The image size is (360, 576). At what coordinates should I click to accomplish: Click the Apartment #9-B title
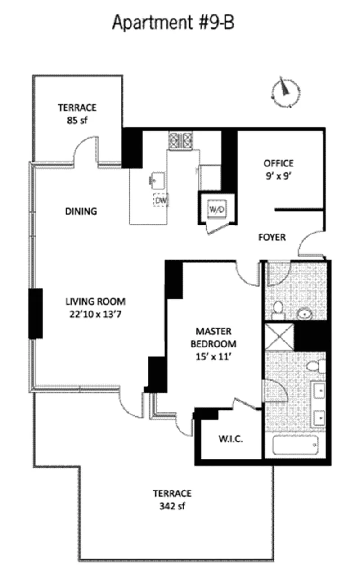point(173,23)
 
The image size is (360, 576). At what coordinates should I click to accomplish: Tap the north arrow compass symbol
point(285,92)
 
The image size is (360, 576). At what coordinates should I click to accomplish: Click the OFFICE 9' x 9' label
point(279,169)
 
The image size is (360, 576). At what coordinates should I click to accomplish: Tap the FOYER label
point(272,237)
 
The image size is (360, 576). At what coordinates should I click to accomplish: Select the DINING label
point(81,211)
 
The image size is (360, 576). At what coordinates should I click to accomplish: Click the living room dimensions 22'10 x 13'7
point(95,315)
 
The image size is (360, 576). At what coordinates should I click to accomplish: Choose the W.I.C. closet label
point(231,439)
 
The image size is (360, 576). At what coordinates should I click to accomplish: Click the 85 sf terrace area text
point(77,120)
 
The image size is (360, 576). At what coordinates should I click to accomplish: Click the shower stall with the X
point(279,337)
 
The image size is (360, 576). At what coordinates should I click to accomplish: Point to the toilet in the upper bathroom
point(278,310)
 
